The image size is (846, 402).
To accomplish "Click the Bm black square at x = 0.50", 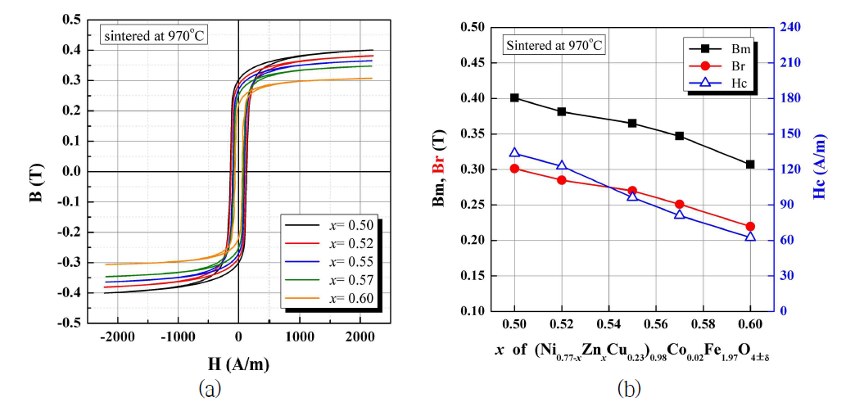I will pos(514,97).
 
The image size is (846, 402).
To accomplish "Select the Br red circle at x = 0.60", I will pos(750,227).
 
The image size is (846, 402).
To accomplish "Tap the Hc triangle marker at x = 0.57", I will pos(680,215).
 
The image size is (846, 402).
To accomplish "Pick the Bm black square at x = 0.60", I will pos(750,165).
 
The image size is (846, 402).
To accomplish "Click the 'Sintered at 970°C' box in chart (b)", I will pos(554,45).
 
